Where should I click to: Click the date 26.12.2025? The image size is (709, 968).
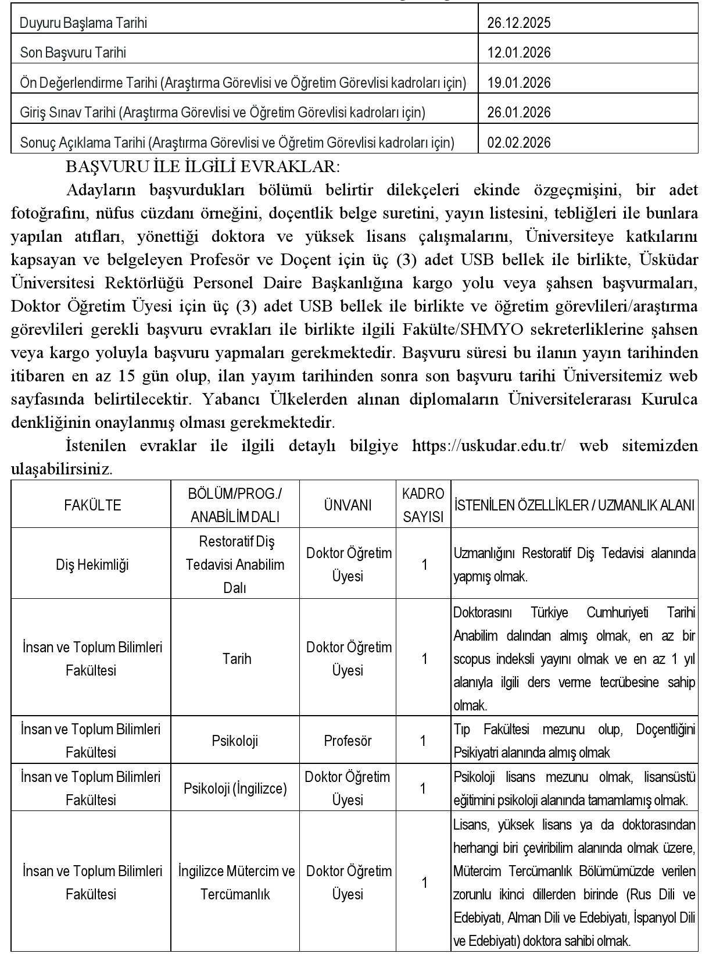click(x=518, y=23)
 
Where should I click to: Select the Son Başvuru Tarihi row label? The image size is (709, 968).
click(x=73, y=53)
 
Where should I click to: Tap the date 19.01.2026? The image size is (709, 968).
click(x=518, y=83)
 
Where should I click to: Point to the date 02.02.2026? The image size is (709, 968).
click(x=518, y=142)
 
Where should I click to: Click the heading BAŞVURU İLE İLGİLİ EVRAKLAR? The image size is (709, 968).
click(x=203, y=166)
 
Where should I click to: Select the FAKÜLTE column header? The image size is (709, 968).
click(x=92, y=505)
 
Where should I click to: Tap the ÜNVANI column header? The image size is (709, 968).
click(x=348, y=505)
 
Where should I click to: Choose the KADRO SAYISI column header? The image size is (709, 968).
click(x=423, y=505)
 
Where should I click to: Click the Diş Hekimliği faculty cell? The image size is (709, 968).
click(x=92, y=565)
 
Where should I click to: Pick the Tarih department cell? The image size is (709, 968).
click(x=237, y=659)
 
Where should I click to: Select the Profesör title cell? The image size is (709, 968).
click(x=348, y=741)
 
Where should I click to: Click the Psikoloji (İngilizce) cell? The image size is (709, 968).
click(x=235, y=788)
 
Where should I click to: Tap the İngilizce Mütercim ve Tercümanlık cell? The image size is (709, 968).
click(x=236, y=883)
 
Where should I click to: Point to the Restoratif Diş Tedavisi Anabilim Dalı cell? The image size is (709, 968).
click(x=235, y=565)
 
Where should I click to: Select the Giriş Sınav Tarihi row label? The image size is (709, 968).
click(x=223, y=112)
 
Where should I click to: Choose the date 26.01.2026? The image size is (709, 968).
click(x=518, y=112)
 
